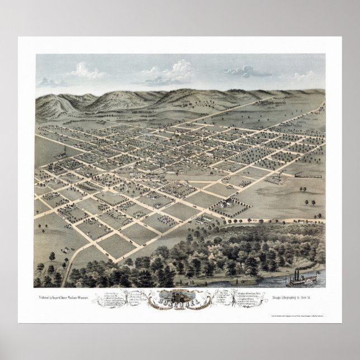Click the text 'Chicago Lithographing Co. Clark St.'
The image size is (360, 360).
point(276,290)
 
